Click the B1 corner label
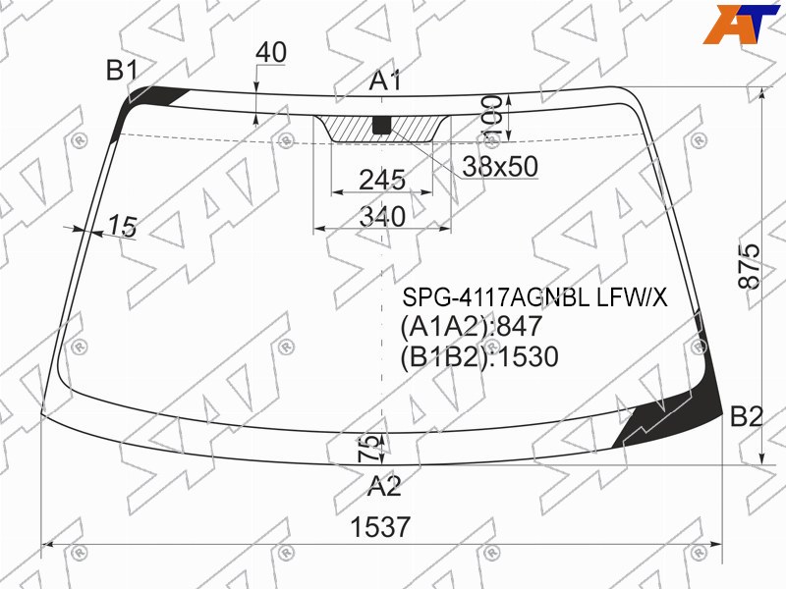coord(122,70)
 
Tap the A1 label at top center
coord(385,80)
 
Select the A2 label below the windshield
coord(384,485)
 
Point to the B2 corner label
coord(747,416)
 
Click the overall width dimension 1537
coord(380,527)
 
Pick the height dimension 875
coord(750,266)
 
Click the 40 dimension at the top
coord(271,52)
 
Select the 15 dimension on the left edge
coord(122,226)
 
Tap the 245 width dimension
coord(382,180)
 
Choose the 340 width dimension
coord(382,216)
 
